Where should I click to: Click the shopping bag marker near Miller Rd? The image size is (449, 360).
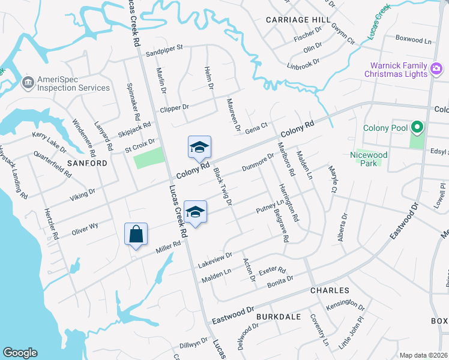click(x=136, y=234)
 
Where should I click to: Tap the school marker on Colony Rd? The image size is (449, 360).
click(x=200, y=148)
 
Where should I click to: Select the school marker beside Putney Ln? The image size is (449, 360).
click(x=195, y=212)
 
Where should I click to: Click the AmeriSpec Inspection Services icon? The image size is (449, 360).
click(x=26, y=82)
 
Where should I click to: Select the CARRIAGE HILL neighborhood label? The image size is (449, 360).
click(x=298, y=20)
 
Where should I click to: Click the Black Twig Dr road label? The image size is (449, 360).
click(x=223, y=186)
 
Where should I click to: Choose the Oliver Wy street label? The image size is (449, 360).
click(x=85, y=227)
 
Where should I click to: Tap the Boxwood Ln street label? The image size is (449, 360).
click(x=414, y=39)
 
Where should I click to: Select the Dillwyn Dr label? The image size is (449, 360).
click(x=193, y=344)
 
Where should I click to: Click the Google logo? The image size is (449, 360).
click(x=20, y=353)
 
